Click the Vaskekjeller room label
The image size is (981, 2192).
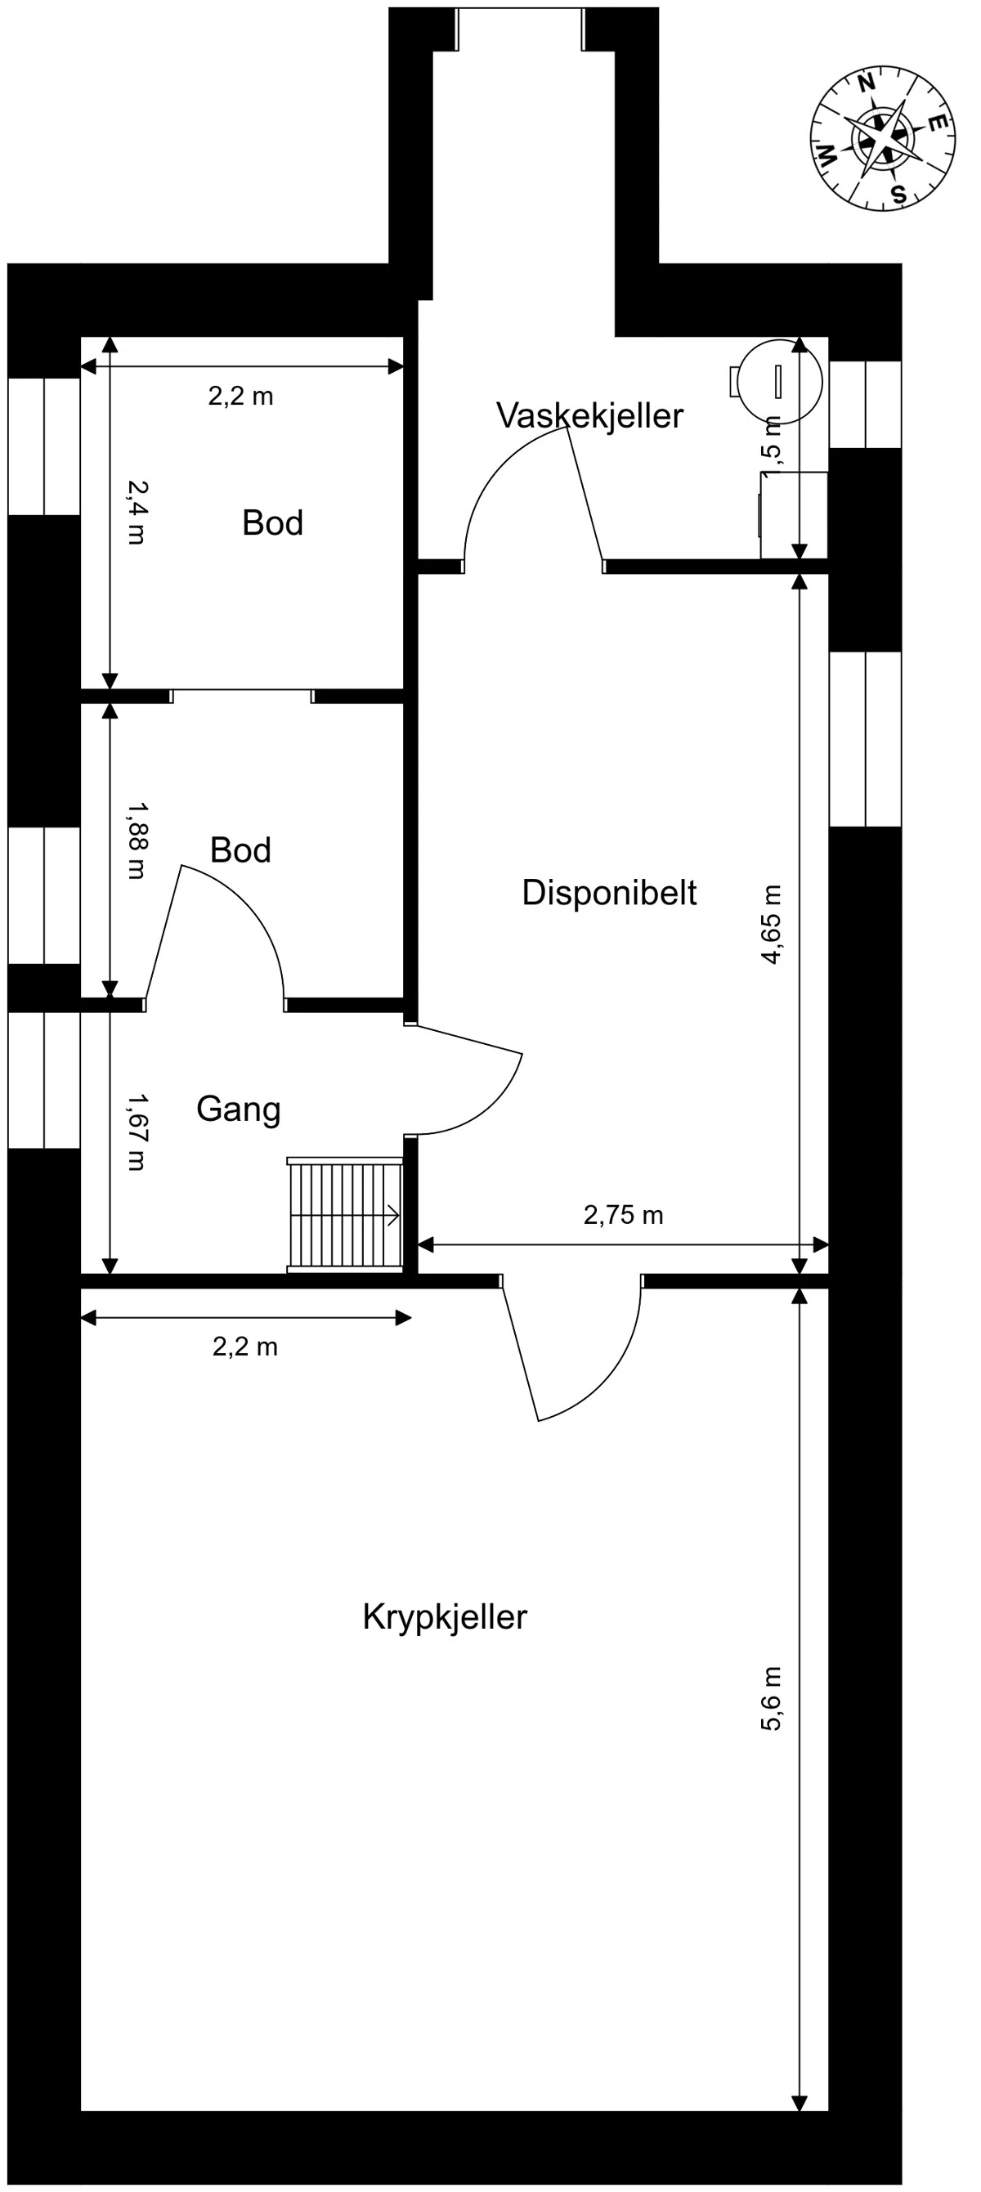point(589,416)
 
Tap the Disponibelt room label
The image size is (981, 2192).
point(608,893)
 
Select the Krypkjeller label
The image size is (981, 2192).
point(444,1616)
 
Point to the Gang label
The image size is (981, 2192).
point(238,1109)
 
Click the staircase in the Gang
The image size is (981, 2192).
point(345,1215)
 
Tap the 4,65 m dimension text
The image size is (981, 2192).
point(771,923)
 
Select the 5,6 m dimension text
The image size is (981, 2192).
point(771,1697)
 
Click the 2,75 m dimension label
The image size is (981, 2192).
point(623,1215)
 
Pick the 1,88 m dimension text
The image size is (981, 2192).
point(137,840)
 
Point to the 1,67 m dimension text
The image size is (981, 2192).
point(137,1132)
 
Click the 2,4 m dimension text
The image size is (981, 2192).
point(137,513)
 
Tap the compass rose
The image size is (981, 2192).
point(882,138)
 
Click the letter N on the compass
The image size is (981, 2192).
point(866,83)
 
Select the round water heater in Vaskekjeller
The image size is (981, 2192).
point(778,380)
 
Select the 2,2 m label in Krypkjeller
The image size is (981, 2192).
point(245,1347)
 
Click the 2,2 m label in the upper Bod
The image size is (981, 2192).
point(241,397)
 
